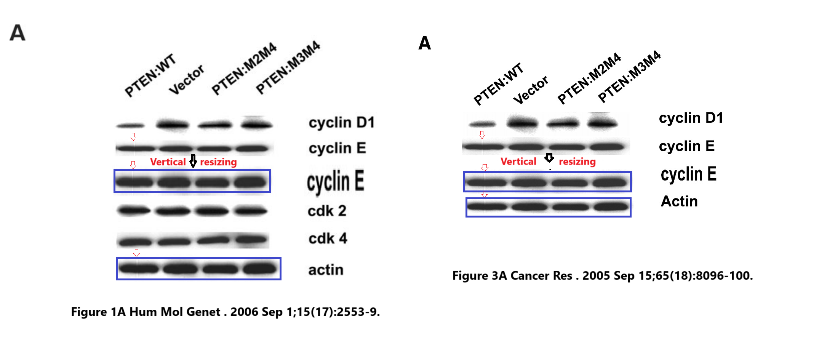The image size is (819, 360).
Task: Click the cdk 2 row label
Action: pyautogui.click(x=327, y=211)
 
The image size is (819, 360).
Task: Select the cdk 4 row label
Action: pyautogui.click(x=328, y=239)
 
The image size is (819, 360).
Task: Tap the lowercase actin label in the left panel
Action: pyautogui.click(x=326, y=270)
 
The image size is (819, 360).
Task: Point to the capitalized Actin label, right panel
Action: pyautogui.click(x=679, y=202)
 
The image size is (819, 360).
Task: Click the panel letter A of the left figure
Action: pyautogui.click(x=18, y=33)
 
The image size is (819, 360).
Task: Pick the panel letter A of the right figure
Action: pyautogui.click(x=425, y=43)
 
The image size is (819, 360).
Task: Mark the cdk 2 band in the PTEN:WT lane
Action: pyautogui.click(x=134, y=210)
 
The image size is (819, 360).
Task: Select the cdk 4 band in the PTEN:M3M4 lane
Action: pyautogui.click(x=251, y=240)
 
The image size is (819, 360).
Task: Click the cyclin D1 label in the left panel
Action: pyautogui.click(x=342, y=123)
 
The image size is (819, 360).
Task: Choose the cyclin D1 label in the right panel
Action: pyautogui.click(x=691, y=118)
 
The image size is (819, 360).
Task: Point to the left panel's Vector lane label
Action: pyautogui.click(x=186, y=80)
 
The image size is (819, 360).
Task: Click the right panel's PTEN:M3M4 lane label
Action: pyautogui.click(x=629, y=76)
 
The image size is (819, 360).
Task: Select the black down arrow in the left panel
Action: pyautogui.click(x=193, y=161)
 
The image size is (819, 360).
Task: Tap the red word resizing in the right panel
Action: pyautogui.click(x=577, y=162)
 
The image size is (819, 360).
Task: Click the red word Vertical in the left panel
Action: pyautogui.click(x=168, y=162)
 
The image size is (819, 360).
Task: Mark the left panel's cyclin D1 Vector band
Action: pyautogui.click(x=173, y=125)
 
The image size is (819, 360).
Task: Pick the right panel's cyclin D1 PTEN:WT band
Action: pyautogui.click(x=482, y=124)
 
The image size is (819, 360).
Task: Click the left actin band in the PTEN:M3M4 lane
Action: pyautogui.click(x=260, y=269)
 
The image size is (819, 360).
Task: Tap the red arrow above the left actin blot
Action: pyautogui.click(x=136, y=253)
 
